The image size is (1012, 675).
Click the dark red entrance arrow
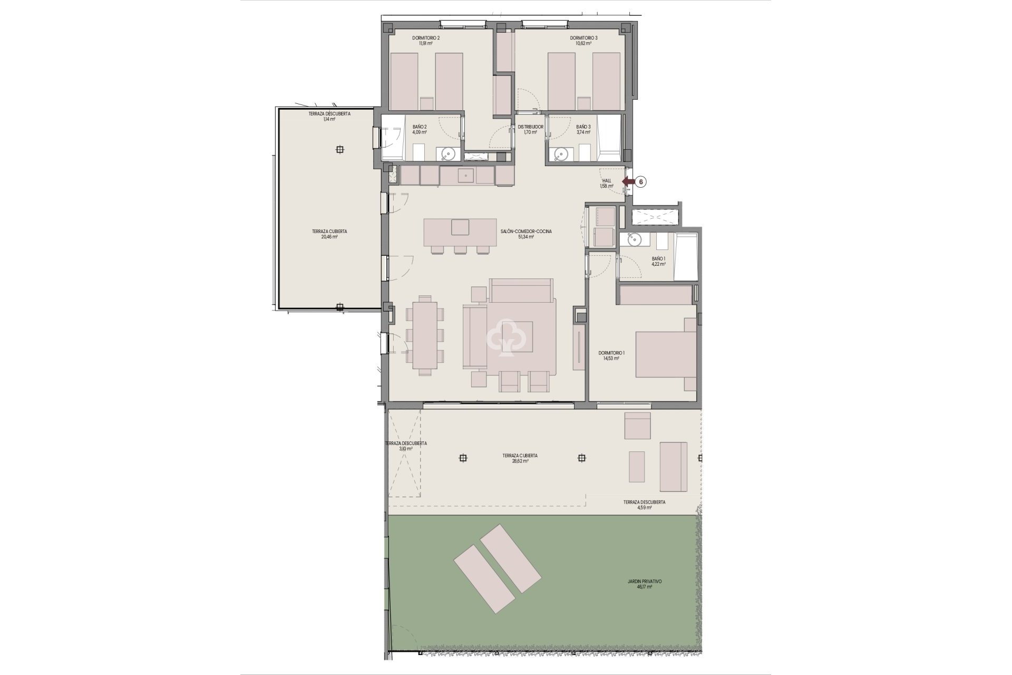628,182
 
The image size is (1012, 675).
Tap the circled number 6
641,182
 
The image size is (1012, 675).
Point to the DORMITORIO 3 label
583,38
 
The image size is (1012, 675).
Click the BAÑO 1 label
658,259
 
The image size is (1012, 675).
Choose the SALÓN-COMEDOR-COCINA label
526,231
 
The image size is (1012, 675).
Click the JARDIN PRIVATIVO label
644,581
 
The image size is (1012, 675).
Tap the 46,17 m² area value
644,586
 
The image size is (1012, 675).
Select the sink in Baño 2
448,154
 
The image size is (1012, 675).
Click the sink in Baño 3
560,154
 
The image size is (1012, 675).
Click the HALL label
606,180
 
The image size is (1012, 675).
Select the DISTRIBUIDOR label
530,127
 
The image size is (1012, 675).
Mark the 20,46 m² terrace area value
329,237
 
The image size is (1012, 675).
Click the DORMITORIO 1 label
611,353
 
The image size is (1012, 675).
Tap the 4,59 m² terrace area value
644,508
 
